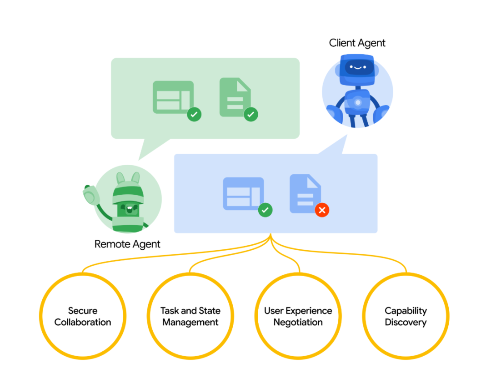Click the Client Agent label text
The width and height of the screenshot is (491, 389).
[357, 43]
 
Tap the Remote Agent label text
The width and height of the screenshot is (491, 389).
[127, 244]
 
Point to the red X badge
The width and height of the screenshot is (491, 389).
[322, 210]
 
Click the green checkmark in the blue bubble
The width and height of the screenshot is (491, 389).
[265, 210]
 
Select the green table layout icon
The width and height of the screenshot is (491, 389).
[173, 97]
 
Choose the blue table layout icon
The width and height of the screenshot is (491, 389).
[243, 193]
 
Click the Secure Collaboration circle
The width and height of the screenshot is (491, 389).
[83, 317]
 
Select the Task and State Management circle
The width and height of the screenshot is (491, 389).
[190, 317]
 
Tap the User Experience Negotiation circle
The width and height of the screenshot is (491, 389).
[298, 317]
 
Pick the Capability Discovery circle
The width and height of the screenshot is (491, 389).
[406, 317]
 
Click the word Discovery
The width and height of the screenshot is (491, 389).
[406, 323]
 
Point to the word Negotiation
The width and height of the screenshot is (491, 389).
[298, 323]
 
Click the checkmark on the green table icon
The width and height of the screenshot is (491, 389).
[194, 115]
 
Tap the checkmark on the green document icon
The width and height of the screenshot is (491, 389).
[251, 115]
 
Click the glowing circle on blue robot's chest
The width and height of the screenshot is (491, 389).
[358, 103]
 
